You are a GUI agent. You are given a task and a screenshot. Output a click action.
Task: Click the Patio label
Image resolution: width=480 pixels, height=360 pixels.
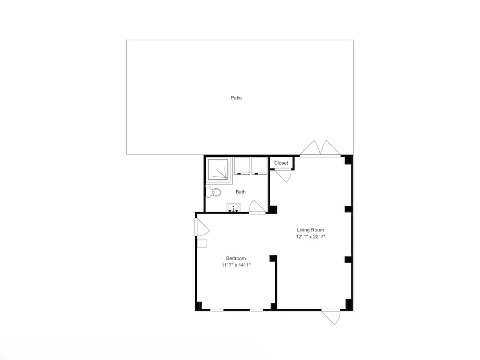pyautogui.click(x=236, y=98)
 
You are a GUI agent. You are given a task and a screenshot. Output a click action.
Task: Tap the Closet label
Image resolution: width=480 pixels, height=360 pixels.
pyautogui.click(x=281, y=163)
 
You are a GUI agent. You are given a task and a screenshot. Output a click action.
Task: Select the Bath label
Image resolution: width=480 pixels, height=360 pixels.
pyautogui.click(x=240, y=192)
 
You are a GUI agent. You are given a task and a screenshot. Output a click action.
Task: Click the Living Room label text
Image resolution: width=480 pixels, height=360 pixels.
pyautogui.click(x=311, y=230)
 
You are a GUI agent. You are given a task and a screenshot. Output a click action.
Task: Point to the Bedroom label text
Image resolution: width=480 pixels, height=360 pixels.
pyautogui.click(x=236, y=258)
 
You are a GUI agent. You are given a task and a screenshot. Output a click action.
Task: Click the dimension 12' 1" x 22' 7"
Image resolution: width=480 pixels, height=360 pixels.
pyautogui.click(x=311, y=237)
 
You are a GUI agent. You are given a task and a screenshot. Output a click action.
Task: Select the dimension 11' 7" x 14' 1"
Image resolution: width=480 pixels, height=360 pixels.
pyautogui.click(x=236, y=265)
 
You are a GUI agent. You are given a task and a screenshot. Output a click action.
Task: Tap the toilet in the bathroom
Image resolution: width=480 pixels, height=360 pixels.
pyautogui.click(x=214, y=192)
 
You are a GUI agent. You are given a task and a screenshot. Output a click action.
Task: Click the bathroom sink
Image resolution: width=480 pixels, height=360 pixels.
pyautogui.click(x=233, y=207)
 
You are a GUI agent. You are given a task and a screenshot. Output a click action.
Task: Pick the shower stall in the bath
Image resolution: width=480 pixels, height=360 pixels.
pyautogui.click(x=218, y=169)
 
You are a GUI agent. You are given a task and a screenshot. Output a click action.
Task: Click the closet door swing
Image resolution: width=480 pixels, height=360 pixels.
pyautogui.click(x=284, y=175)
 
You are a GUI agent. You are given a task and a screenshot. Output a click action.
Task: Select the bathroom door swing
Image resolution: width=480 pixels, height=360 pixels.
pyautogui.click(x=257, y=206)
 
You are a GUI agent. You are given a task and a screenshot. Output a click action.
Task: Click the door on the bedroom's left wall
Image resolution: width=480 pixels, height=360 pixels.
pyautogui.click(x=202, y=227)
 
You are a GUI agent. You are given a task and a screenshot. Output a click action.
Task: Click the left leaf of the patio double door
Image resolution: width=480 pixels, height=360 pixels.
pyautogui.click(x=310, y=147)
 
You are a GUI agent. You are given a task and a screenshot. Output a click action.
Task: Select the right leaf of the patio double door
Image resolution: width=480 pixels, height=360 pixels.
pyautogui.click(x=331, y=147)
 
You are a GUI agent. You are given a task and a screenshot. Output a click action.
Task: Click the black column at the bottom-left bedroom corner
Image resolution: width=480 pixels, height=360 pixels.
pyautogui.click(x=198, y=306)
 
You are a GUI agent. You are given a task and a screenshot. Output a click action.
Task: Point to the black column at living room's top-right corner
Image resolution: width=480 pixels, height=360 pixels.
pyautogui.click(x=348, y=160)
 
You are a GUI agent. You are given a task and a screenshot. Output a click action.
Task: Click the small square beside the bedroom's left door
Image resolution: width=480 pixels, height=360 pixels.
pyautogui.click(x=202, y=243)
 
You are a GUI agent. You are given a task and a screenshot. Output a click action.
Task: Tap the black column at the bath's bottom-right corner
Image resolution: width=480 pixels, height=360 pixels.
pyautogui.click(x=273, y=210)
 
